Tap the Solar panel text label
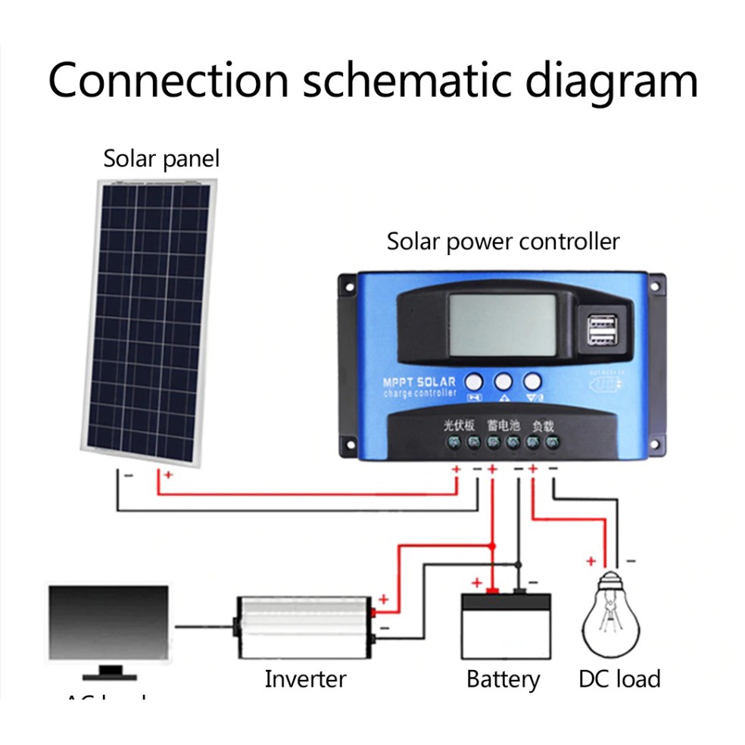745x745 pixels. click(161, 159)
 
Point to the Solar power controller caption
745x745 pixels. click(503, 242)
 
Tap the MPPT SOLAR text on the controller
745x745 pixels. click(419, 382)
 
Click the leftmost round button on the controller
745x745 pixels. click(475, 381)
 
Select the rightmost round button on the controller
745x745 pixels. click(533, 381)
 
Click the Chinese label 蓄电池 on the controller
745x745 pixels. click(503, 425)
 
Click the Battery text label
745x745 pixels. click(503, 678)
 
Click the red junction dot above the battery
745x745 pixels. click(492, 545)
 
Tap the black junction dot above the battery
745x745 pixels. click(519, 564)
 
